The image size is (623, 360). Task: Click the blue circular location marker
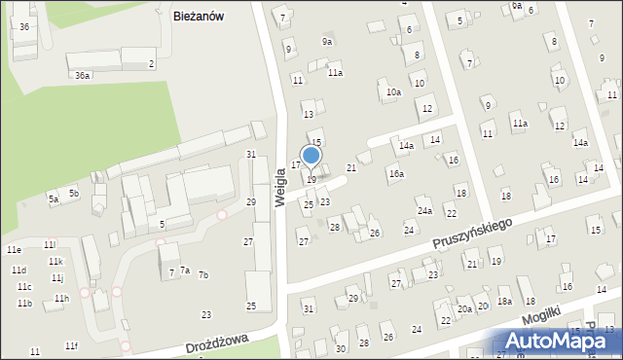point(311,155)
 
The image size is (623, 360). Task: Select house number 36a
point(83,75)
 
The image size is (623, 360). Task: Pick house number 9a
point(328,42)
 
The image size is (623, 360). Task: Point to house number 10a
point(393,92)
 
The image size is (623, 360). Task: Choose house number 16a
point(396,174)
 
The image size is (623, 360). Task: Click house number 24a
point(424,211)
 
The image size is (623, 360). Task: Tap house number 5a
point(54,199)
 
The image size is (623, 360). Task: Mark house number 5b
point(73,194)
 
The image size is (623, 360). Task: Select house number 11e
point(14,250)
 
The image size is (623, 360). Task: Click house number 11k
point(56,262)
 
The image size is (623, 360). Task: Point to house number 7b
point(203,275)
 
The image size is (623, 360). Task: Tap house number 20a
point(465,309)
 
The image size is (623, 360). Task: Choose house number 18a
point(504,302)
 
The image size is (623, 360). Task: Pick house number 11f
point(71,345)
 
